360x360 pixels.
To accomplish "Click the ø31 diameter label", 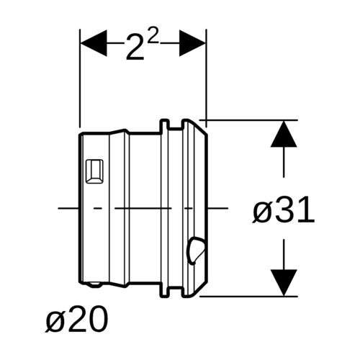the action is [283, 210].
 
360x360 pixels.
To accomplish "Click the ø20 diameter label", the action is [77, 320].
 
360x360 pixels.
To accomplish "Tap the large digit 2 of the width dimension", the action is [135, 47].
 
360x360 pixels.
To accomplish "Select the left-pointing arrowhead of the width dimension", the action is [94, 43].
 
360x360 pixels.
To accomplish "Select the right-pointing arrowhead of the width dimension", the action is [192, 43].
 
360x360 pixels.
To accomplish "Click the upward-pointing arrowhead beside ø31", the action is [284, 134].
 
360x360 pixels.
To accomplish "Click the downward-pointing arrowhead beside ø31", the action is [284, 282].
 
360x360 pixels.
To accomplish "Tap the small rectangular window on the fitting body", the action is [94, 171].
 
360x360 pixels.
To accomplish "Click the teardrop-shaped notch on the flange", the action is [196, 251].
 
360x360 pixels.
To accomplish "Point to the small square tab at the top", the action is [165, 125].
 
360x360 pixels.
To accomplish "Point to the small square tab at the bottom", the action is [165, 291].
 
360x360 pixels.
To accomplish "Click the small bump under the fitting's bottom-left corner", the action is [94, 284].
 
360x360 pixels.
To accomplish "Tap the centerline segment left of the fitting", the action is [68, 208].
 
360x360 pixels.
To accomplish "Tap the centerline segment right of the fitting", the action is [217, 208].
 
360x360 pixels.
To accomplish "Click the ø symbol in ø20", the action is [55, 322].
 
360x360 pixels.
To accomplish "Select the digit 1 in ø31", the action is [307, 210].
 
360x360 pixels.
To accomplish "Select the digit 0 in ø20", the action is [99, 320].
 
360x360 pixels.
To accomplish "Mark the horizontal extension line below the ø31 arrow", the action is [248, 297].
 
